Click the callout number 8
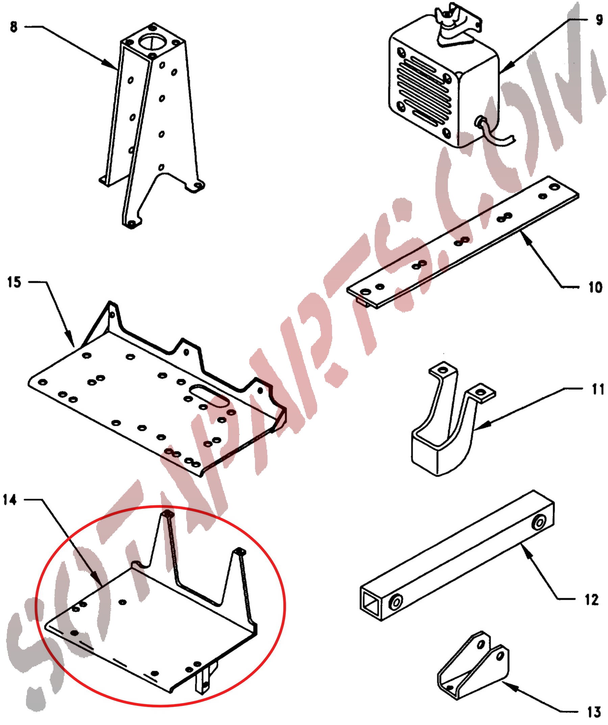(x=14, y=27)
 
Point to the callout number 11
(x=598, y=389)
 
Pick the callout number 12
(x=591, y=600)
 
